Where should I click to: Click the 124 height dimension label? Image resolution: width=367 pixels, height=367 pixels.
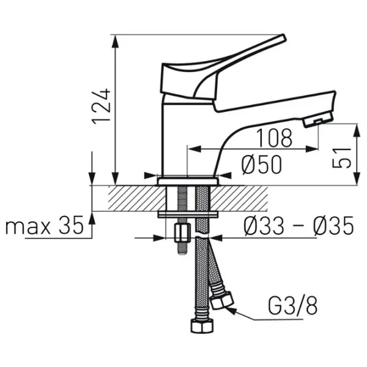click(102, 106)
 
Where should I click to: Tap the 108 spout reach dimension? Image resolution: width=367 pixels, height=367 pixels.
click(274, 138)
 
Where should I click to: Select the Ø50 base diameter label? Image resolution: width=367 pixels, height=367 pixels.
click(262, 165)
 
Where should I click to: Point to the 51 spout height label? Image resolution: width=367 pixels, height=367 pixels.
click(342, 158)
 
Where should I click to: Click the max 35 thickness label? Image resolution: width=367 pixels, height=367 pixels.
click(45, 225)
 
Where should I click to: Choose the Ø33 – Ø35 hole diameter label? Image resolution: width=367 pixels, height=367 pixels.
click(298, 225)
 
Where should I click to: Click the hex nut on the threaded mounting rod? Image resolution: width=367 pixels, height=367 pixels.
click(182, 234)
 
